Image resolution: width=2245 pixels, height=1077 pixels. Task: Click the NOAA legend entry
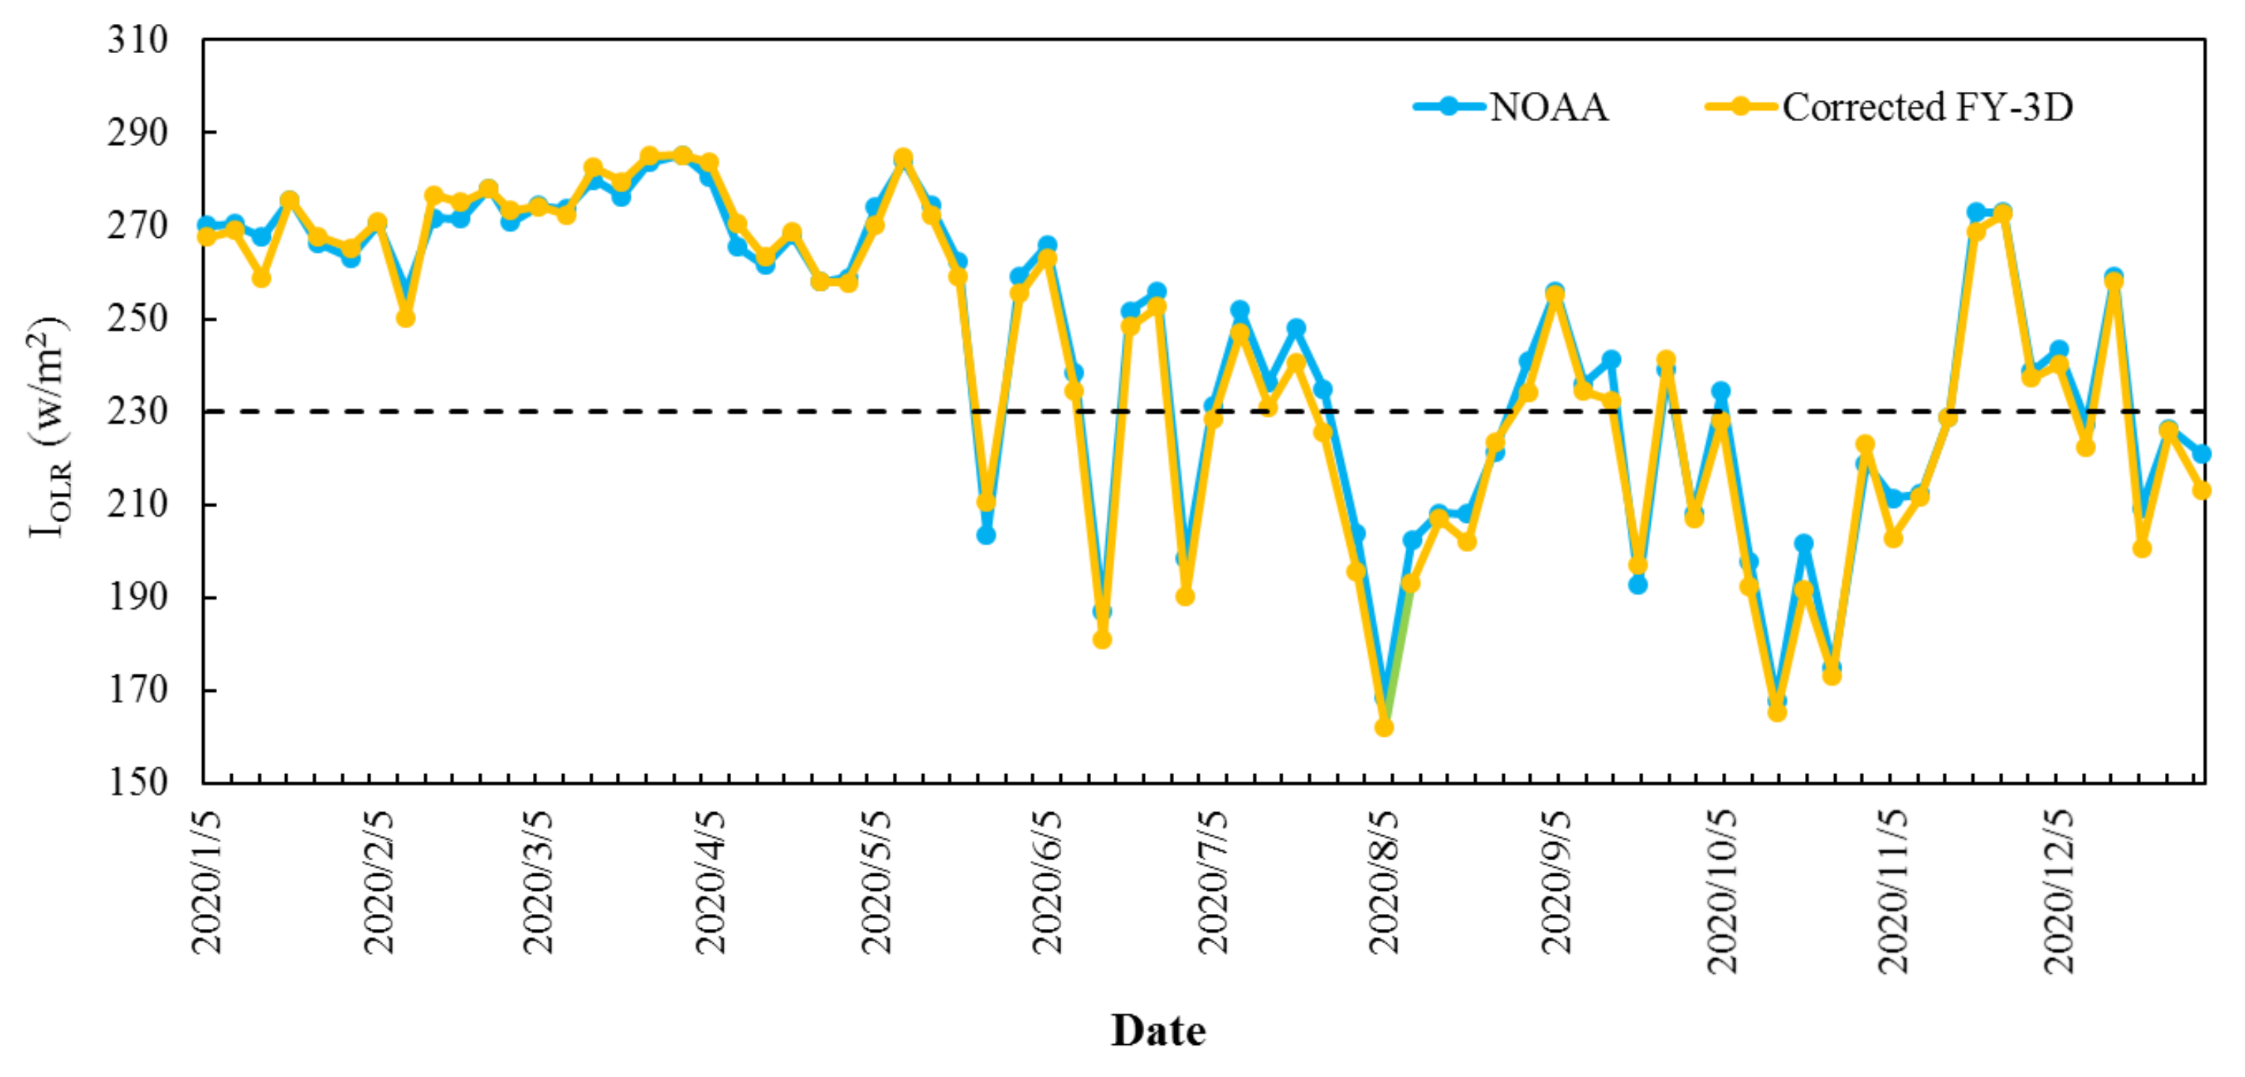[x=1512, y=107]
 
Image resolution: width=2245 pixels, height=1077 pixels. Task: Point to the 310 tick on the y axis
[x=137, y=40]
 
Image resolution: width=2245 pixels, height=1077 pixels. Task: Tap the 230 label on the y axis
[x=137, y=411]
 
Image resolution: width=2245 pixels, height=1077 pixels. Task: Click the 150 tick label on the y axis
[x=137, y=782]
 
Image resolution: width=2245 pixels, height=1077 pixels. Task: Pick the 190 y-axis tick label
[x=137, y=597]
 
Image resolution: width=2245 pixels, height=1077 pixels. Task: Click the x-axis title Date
[x=1158, y=1031]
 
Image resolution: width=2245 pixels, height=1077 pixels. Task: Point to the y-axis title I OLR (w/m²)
[x=48, y=427]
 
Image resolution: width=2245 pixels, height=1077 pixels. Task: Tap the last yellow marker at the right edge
[x=2202, y=491]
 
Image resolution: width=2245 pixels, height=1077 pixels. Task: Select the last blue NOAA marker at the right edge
[x=2202, y=454]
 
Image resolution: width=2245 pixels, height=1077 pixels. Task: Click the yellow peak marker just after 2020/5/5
[x=904, y=158]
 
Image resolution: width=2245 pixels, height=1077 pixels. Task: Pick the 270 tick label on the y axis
[x=137, y=226]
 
